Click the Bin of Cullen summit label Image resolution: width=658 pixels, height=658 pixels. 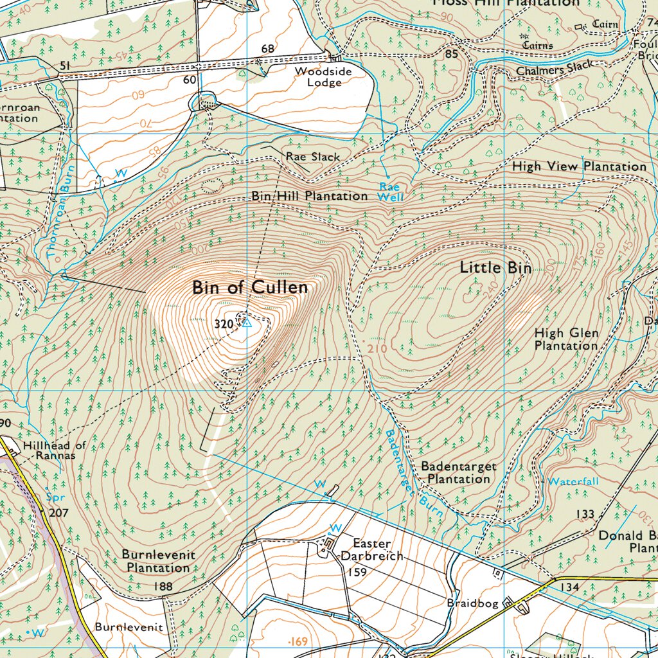pos(250,288)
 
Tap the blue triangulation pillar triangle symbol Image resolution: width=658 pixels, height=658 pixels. pos(247,324)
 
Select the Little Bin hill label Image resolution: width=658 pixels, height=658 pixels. pos(495,268)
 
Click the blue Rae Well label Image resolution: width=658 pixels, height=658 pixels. pos(391,192)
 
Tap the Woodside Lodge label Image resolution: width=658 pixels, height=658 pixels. pos(323,76)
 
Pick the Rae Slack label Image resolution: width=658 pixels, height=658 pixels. pos(313,156)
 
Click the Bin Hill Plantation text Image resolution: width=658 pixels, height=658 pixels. pos(310,195)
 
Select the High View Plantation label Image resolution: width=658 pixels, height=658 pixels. pos(579,166)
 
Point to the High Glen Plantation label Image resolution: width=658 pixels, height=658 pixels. pos(566,339)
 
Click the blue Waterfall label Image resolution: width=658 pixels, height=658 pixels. pos(573,481)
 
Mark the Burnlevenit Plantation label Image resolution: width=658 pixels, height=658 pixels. pos(158,561)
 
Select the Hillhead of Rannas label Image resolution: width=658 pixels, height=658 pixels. pos(54,450)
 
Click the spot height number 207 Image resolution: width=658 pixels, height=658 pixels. pos(58,513)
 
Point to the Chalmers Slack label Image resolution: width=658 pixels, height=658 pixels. pos(556,69)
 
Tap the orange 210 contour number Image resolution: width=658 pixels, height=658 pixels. pos(378,348)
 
